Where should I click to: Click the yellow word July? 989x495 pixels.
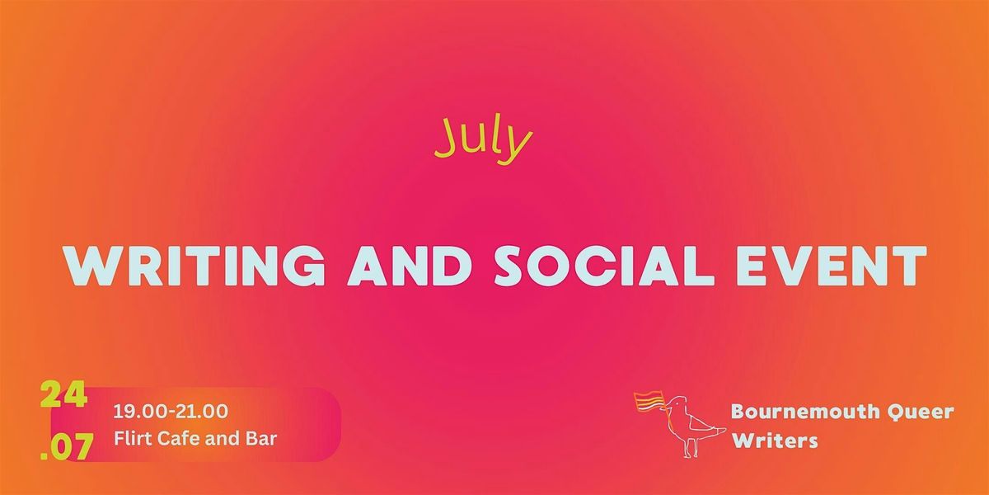[484, 140]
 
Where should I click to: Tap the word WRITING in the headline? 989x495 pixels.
[195, 266]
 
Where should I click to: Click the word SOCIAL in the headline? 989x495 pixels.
[602, 266]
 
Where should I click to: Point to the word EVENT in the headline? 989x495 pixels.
[832, 266]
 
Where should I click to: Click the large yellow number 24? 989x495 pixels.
[63, 394]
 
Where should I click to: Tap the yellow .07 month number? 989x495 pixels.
[67, 446]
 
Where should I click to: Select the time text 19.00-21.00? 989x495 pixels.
[171, 412]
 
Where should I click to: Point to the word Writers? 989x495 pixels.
[775, 441]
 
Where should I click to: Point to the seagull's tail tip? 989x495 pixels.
[724, 429]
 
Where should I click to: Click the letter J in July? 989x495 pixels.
[447, 139]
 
